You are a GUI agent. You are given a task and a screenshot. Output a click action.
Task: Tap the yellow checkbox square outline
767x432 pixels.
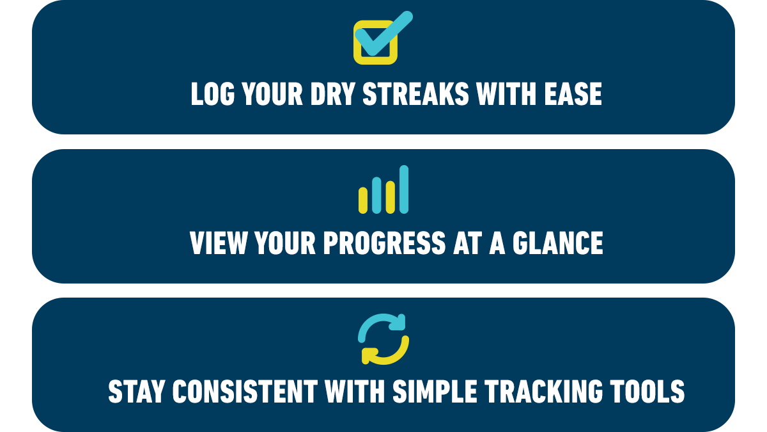(x=357, y=51)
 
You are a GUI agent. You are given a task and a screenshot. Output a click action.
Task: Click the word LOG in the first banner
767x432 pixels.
(x=213, y=93)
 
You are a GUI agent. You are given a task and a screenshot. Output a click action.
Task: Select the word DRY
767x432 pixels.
(x=332, y=93)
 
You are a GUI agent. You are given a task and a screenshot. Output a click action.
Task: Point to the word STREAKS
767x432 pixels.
(x=415, y=93)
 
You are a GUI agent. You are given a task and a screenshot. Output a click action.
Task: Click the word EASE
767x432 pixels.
(x=573, y=93)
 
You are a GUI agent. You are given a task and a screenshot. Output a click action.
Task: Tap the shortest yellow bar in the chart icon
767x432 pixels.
(x=363, y=200)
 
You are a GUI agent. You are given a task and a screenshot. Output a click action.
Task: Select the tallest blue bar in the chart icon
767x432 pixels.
(x=404, y=189)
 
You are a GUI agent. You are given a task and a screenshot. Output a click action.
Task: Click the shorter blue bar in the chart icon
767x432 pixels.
(x=376, y=195)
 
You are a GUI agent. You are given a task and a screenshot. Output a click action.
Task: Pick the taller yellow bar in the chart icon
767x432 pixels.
(x=391, y=197)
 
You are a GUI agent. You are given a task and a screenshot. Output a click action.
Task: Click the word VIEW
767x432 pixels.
(x=218, y=243)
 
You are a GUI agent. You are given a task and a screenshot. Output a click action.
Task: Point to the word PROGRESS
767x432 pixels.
(x=385, y=243)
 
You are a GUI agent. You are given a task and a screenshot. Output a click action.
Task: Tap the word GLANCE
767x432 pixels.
(x=558, y=243)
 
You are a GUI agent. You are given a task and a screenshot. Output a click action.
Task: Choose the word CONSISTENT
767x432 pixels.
(x=245, y=391)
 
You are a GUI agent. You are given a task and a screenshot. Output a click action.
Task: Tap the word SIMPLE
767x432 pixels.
(x=435, y=391)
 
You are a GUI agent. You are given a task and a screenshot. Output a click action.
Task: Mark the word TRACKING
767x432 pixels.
(x=544, y=391)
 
